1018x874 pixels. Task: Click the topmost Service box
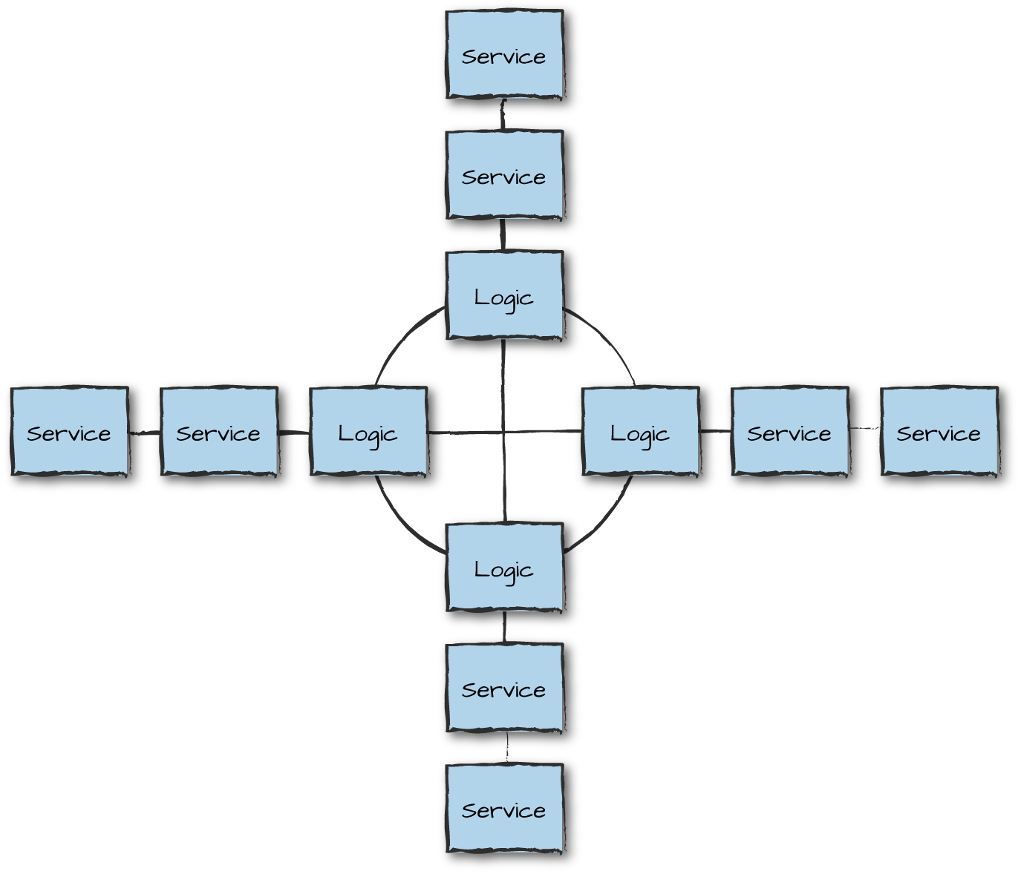pos(504,55)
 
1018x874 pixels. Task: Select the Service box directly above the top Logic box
pos(504,175)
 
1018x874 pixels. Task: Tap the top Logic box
pos(504,296)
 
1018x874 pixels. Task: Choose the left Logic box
pos(368,432)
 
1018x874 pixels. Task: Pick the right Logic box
pos(640,432)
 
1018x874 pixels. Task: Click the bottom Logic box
pos(504,568)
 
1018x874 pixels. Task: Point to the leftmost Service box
pos(70,432)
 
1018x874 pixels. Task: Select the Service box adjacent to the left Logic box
pos(219,432)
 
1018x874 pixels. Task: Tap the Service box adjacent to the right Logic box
pos(789,432)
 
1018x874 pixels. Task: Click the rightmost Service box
pos(939,432)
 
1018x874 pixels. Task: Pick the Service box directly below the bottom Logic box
pos(504,689)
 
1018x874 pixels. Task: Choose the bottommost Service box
pos(504,809)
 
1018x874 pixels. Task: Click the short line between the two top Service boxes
pos(503,115)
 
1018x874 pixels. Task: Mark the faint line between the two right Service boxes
pos(864,428)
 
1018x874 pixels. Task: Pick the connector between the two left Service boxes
pos(145,433)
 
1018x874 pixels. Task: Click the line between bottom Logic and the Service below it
pos(504,628)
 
